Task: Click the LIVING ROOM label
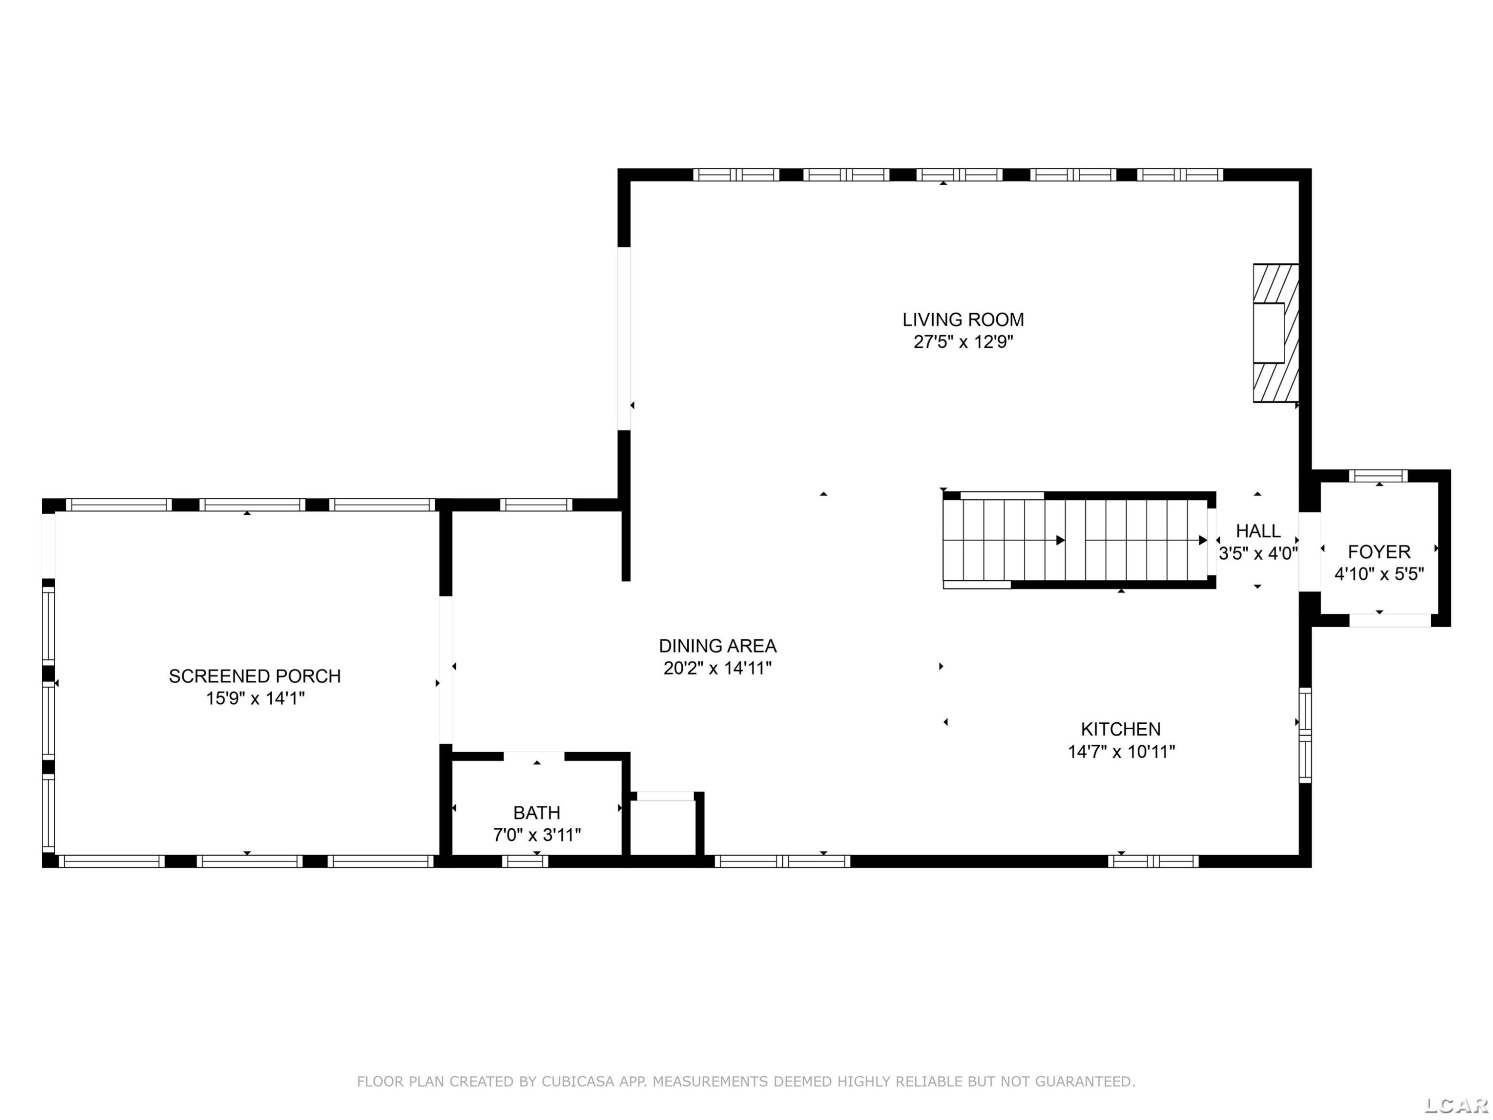pos(963,320)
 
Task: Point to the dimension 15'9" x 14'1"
pos(255,698)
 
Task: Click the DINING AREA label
pos(718,646)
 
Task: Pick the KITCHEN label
pos(1121,729)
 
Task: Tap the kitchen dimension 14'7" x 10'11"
pos(1121,751)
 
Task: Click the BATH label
pos(536,813)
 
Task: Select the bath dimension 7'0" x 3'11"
pos(536,835)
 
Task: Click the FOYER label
pos(1379,552)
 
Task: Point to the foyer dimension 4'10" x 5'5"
pos(1379,574)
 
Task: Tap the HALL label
pos(1258,531)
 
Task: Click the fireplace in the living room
pos(1276,333)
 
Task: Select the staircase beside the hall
pos(1078,540)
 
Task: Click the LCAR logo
pos(1456,1105)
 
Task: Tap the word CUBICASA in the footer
pos(578,1082)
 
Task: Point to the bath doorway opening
pos(534,756)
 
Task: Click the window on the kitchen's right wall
pos(1305,735)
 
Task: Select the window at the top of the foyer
pos(1378,476)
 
